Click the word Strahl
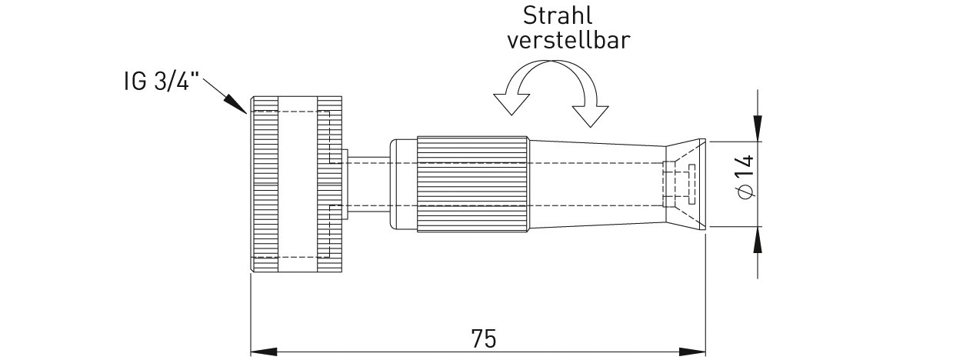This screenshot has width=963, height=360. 558,16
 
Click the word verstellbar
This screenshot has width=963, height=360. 568,40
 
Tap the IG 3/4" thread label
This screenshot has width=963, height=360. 162,81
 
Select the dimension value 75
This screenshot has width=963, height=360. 484,339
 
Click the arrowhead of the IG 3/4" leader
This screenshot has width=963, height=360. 235,104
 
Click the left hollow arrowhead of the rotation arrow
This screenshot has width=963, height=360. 511,104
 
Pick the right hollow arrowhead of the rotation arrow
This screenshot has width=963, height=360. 590,116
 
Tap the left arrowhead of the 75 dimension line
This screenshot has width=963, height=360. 264,352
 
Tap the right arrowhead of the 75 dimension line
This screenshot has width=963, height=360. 692,352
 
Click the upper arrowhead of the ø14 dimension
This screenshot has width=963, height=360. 758,128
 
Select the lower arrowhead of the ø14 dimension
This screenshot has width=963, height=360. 758,239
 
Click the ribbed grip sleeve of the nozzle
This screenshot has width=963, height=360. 472,184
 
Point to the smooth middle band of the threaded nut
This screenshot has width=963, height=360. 298,184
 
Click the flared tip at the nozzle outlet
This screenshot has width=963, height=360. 685,184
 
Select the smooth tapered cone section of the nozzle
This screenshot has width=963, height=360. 597,184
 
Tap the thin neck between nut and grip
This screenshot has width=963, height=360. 369,184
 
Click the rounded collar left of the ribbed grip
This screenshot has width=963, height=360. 403,184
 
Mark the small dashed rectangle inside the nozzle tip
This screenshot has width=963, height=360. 691,184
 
